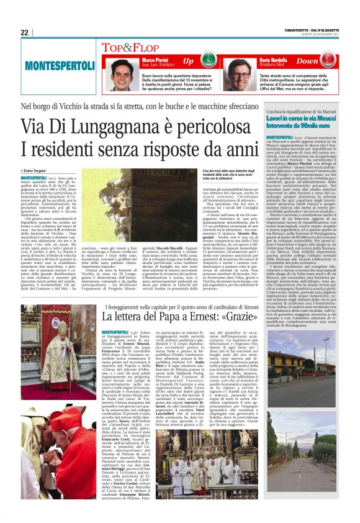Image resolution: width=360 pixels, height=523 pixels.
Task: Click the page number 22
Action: (25, 32)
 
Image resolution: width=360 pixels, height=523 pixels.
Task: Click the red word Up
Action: (188, 61)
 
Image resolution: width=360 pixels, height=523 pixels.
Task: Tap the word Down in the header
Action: (307, 61)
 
